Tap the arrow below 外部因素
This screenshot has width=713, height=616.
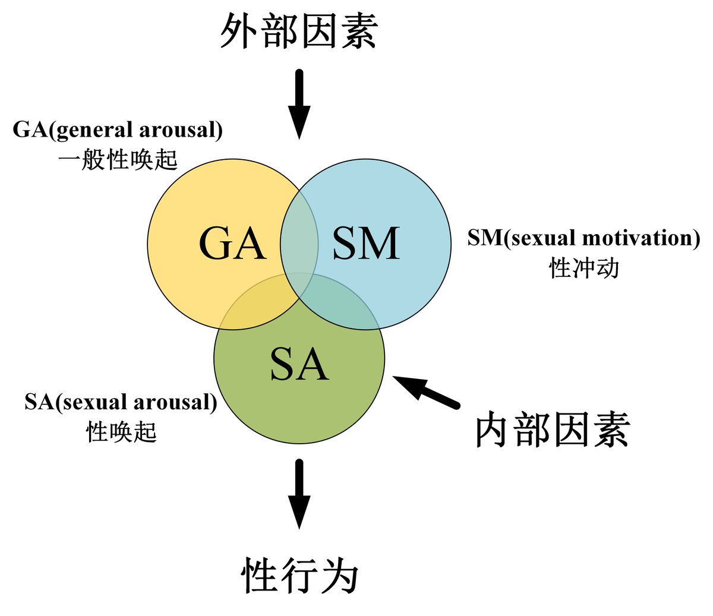click(299, 104)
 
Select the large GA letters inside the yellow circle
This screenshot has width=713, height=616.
click(232, 244)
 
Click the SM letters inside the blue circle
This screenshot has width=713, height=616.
click(366, 244)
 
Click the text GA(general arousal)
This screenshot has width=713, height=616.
click(118, 129)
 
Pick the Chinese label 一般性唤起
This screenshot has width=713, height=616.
click(118, 159)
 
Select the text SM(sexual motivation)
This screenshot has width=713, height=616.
click(583, 238)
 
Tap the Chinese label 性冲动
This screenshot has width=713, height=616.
click(583, 268)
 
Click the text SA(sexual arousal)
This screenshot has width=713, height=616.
click(121, 402)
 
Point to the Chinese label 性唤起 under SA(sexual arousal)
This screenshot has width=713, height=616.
click(121, 431)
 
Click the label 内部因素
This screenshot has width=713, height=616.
click(553, 431)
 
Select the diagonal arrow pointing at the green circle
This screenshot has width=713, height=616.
click(426, 392)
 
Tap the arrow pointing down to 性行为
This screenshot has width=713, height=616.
click(299, 493)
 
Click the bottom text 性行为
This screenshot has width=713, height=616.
click(299, 575)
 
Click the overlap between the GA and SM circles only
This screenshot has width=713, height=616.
click(299, 238)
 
